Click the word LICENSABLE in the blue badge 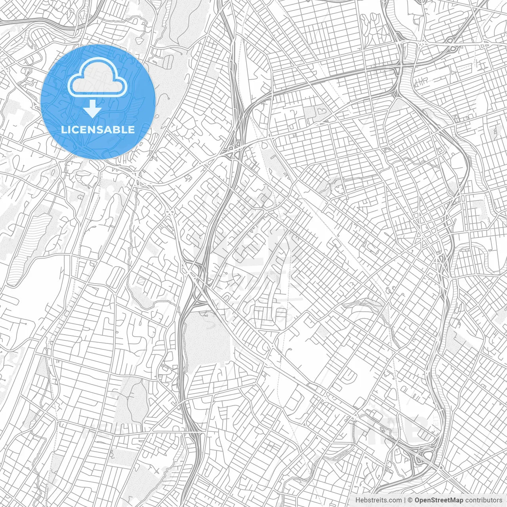click(x=98, y=130)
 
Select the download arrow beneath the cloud click(x=92, y=108)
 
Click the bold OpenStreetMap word click(x=435, y=500)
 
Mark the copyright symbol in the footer click(x=410, y=500)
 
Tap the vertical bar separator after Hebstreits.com click(x=404, y=500)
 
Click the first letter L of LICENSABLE click(x=63, y=130)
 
